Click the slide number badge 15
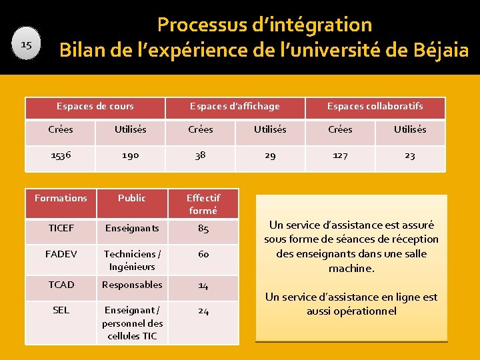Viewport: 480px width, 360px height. (x=27, y=45)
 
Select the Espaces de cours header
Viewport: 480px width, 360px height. (x=95, y=107)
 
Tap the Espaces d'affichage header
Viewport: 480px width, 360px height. (x=235, y=107)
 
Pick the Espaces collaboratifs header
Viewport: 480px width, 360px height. (x=375, y=107)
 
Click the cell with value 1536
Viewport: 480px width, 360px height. (x=61, y=155)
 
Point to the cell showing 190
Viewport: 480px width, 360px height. (x=130, y=155)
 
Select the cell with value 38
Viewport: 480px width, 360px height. (x=200, y=155)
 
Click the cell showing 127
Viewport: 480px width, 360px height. (x=340, y=155)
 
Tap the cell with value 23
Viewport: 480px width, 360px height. (x=409, y=155)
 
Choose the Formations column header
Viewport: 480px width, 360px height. (x=61, y=198)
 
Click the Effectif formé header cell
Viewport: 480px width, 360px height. (x=203, y=204)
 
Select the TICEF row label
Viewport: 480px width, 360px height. (x=61, y=228)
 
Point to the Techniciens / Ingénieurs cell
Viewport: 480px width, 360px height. (x=132, y=260)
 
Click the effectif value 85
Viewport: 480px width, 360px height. (x=203, y=229)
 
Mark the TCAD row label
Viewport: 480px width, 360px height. (x=61, y=285)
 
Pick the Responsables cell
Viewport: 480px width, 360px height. (x=132, y=285)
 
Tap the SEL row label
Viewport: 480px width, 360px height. (x=61, y=310)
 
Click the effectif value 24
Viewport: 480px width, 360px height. (x=203, y=311)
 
